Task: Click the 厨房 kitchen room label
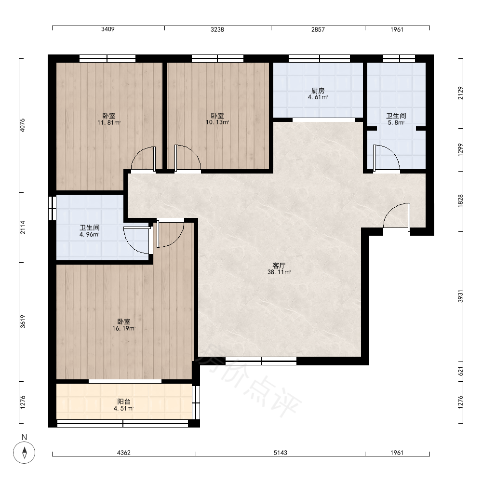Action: (318, 91)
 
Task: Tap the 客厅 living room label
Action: (279, 266)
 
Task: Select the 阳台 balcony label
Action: (124, 402)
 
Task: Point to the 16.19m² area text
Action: (124, 328)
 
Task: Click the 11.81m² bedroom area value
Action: (109, 122)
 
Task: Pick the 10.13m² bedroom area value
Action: (217, 122)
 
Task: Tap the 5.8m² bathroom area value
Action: (396, 122)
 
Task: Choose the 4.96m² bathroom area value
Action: (89, 235)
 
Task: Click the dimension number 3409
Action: (108, 29)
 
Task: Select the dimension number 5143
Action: (281, 453)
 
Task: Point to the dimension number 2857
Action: (318, 29)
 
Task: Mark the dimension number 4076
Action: (23, 125)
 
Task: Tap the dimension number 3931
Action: (460, 296)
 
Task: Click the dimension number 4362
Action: (124, 453)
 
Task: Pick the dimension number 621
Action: (460, 371)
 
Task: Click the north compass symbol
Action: (24, 453)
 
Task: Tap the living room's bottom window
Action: (261, 361)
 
